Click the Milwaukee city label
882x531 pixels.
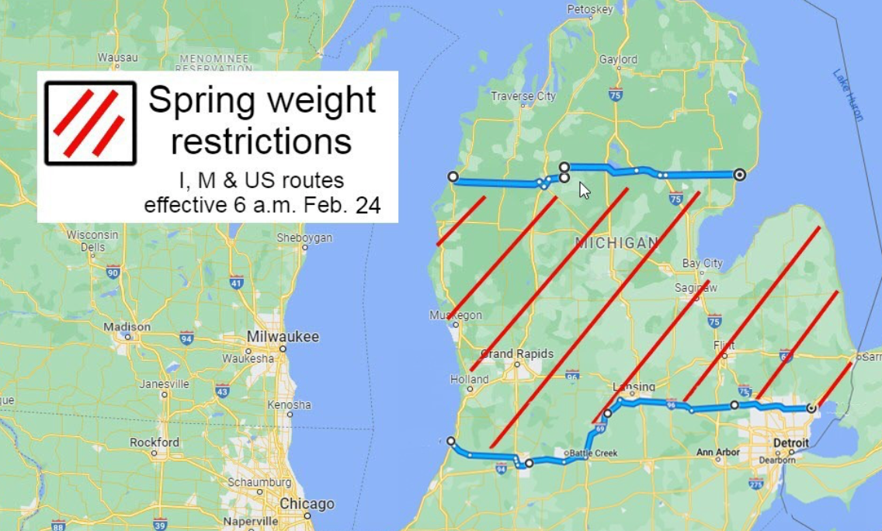pyautogui.click(x=283, y=337)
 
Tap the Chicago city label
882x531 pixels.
pyautogui.click(x=307, y=504)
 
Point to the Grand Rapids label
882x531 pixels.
pyautogui.click(x=517, y=354)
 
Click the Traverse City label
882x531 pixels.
pyautogui.click(x=523, y=96)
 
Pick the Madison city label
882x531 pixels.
pyautogui.click(x=127, y=327)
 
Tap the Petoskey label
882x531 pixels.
pyautogui.click(x=590, y=9)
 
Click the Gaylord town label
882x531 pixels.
pyautogui.click(x=618, y=59)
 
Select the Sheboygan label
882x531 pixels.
pyautogui.click(x=304, y=237)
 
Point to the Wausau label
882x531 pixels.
pyautogui.click(x=118, y=57)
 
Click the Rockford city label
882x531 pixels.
pyautogui.click(x=155, y=442)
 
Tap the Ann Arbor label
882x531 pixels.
pyautogui.click(x=718, y=452)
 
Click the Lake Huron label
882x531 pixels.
pyautogui.click(x=848, y=95)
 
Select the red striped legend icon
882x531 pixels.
pyautogui.click(x=90, y=123)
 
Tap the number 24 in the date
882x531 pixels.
pyautogui.click(x=366, y=206)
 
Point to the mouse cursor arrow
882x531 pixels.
pyautogui.click(x=585, y=190)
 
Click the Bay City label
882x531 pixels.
pyautogui.click(x=702, y=264)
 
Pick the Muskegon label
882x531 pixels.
pyautogui.click(x=456, y=315)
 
